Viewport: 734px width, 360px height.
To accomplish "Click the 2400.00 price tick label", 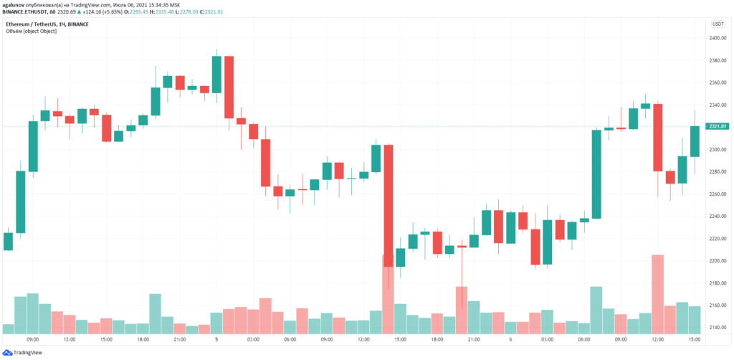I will coord(717,38).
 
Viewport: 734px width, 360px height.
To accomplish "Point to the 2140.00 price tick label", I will coord(717,327).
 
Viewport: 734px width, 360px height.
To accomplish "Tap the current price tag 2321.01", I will coord(718,127).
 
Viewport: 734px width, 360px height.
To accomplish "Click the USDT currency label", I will coord(718,24).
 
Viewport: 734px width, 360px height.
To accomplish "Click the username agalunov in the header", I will coord(16,5).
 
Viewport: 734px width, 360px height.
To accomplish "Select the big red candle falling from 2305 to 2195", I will coord(388,206).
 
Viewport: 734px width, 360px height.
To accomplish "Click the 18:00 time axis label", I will coord(142,339).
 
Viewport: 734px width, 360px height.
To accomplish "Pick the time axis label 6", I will coord(510,339).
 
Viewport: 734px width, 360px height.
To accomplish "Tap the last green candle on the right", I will coord(694,141).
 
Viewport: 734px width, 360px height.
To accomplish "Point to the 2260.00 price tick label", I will coord(717,194).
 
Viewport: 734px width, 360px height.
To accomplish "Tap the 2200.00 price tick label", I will coord(717,260).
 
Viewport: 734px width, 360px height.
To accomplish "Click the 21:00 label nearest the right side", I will coord(474,339).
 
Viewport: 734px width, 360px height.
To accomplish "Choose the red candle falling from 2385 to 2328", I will coord(229,87).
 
